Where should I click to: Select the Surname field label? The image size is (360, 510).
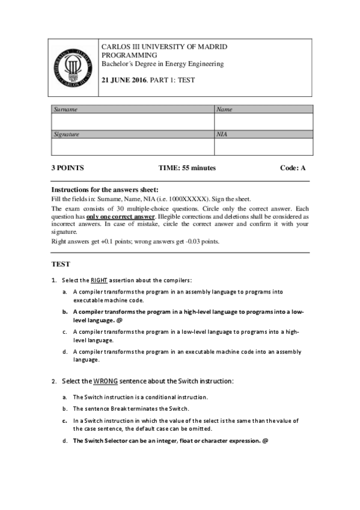pos(66,109)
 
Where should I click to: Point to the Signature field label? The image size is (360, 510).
pos(67,135)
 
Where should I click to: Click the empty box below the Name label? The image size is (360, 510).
pos(263,121)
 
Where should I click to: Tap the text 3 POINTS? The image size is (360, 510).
pos(67,168)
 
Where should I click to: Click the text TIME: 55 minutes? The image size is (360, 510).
pos(187,168)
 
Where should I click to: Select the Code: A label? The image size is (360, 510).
pos(293,168)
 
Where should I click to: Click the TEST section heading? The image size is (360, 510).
pos(61,264)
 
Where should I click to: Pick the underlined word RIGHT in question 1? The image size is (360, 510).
pos(99,280)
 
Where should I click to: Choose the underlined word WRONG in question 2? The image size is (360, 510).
pos(105,381)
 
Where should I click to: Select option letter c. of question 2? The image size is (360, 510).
pos(64,421)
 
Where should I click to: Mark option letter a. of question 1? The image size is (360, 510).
pos(64,292)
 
